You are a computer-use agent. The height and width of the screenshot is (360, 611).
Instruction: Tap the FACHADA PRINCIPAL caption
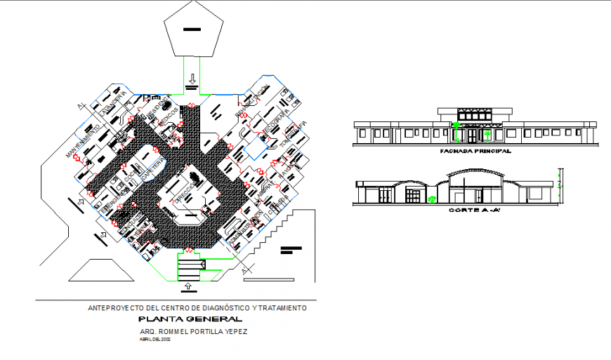click(475, 151)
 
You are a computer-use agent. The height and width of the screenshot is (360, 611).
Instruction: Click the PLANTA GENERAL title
click(191, 319)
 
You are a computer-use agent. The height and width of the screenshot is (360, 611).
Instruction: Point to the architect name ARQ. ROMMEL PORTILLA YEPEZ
click(194, 331)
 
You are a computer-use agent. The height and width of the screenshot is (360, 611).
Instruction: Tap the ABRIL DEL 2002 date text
click(156, 340)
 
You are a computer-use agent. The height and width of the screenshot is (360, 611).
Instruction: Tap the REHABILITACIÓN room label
click(252, 101)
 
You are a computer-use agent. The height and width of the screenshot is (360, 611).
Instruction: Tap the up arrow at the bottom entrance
click(188, 286)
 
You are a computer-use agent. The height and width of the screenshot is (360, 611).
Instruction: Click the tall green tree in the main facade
click(456, 130)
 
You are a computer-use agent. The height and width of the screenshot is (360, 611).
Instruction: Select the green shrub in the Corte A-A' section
click(431, 199)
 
